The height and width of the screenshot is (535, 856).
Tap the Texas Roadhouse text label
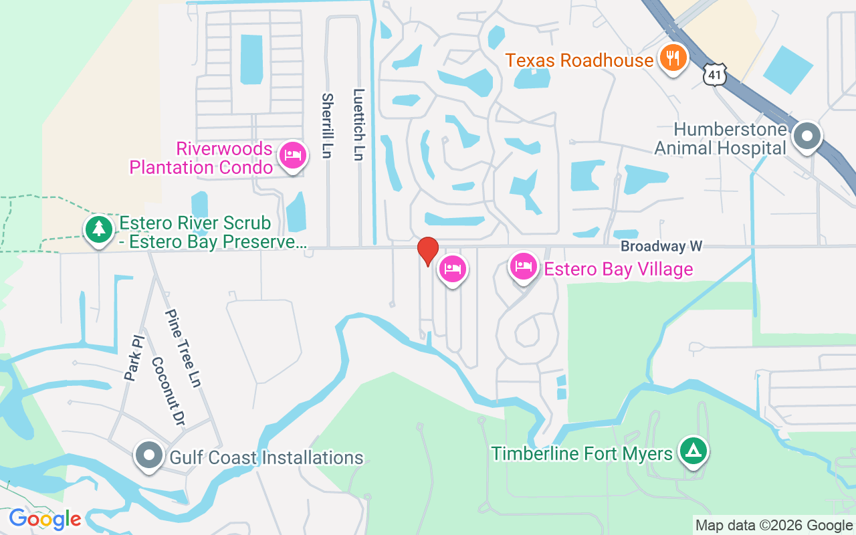pos(579,60)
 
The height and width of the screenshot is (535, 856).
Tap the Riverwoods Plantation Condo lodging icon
pos(293,155)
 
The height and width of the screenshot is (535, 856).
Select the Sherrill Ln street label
pos(327,126)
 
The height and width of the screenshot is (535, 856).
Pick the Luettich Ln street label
pos(359,125)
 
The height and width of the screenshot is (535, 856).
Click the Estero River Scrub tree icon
pos(99,229)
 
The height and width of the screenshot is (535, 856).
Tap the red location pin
pos(428,251)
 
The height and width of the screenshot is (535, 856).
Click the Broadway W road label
pos(661,246)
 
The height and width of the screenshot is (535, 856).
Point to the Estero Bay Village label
pos(618,269)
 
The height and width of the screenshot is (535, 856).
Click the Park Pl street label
pos(134,359)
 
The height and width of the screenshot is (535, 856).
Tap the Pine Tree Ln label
pos(183,348)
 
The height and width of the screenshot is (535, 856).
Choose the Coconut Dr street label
pos(167,390)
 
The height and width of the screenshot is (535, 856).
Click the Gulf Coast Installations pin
pos(149,455)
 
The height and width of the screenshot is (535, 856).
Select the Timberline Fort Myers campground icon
pos(693,451)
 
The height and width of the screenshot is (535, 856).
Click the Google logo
pos(45,519)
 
